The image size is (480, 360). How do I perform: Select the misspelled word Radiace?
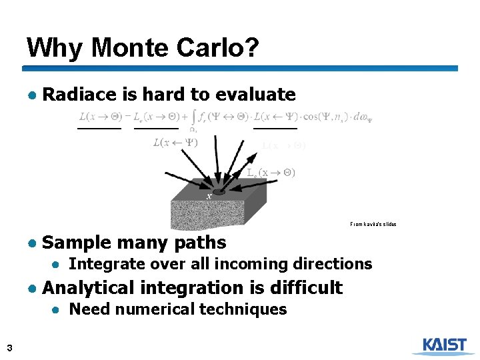[x=79, y=95]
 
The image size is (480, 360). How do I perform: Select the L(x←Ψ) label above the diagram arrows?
[x=175, y=142]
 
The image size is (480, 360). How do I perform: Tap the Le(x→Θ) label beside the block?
[x=271, y=172]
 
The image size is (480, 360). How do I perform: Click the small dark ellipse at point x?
[x=219, y=192]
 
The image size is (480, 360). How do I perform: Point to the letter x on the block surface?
[x=209, y=196]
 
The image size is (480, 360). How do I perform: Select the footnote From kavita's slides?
[x=373, y=224]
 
